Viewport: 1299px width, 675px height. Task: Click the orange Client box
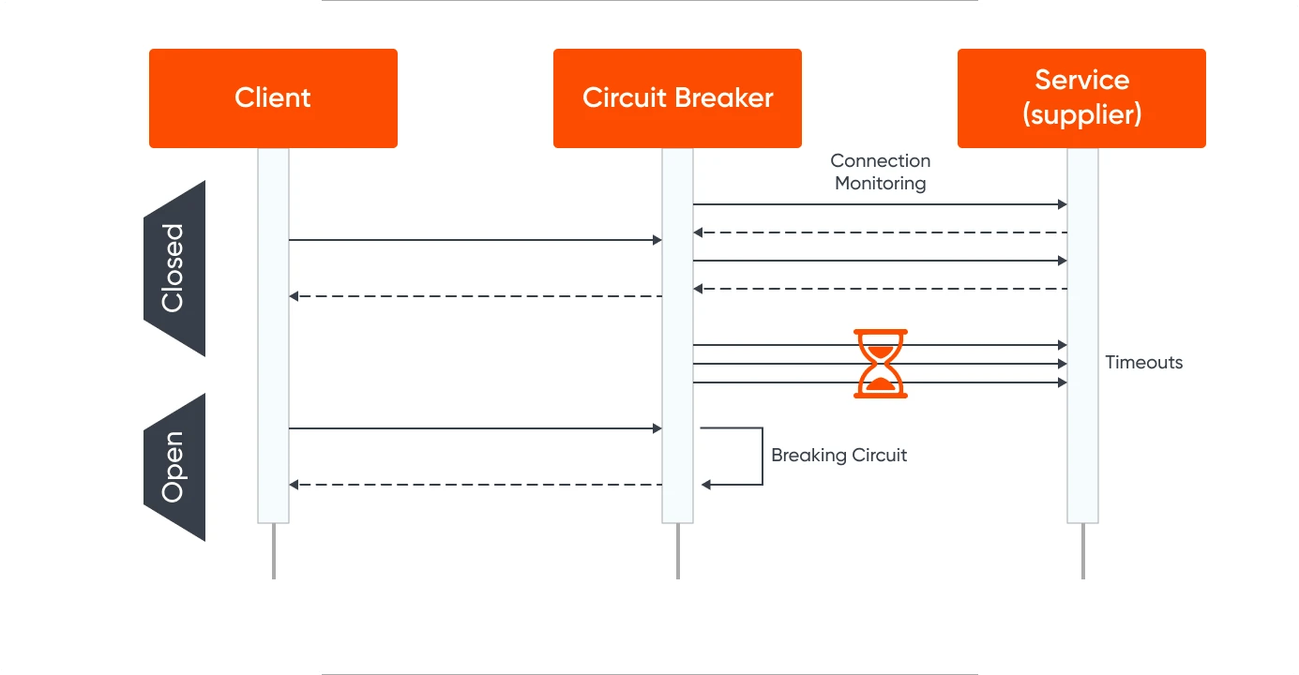(273, 98)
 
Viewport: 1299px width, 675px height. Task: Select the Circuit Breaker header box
(677, 98)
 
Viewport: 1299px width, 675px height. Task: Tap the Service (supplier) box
(1081, 98)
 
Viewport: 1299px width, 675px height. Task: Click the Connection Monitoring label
(880, 172)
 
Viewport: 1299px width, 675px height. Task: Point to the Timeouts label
(1143, 363)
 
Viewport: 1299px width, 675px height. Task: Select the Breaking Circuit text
(838, 456)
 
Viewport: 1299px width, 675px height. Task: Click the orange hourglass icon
(881, 364)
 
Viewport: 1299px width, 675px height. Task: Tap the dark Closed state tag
(174, 268)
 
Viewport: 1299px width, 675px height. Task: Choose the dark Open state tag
(174, 467)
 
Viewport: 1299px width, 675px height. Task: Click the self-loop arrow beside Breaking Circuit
(761, 457)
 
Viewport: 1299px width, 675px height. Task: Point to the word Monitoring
(880, 184)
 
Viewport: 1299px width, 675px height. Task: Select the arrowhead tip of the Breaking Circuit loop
(704, 485)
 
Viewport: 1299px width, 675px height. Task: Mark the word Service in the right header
(1081, 80)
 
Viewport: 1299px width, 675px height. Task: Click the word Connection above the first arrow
(880, 161)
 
